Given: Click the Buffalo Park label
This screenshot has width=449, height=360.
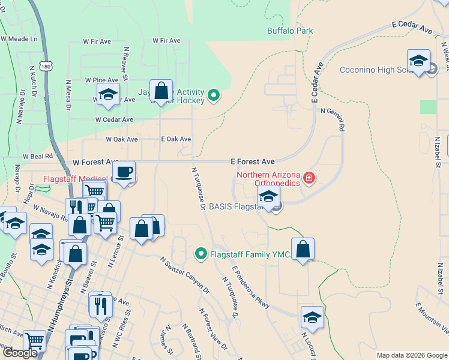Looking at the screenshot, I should [290, 31].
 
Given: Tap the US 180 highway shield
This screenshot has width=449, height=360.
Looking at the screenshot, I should [47, 65].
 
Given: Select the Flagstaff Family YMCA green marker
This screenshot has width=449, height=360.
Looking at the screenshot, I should [202, 254].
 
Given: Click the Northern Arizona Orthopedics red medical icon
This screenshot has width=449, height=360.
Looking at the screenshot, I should [309, 177].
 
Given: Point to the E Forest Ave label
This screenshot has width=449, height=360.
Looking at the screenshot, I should [253, 162].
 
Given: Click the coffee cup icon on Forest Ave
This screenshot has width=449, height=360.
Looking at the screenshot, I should [124, 172].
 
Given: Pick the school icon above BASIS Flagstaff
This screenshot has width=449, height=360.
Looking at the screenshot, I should [268, 196].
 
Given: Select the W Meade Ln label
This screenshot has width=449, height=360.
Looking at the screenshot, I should [19, 39].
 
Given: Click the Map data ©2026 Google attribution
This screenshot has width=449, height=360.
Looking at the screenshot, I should [412, 355].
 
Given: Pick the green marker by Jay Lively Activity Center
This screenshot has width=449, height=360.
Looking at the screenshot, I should [213, 95].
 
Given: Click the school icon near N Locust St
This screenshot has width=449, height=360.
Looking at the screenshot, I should [312, 317].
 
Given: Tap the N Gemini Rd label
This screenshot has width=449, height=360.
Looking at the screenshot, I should [333, 119].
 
